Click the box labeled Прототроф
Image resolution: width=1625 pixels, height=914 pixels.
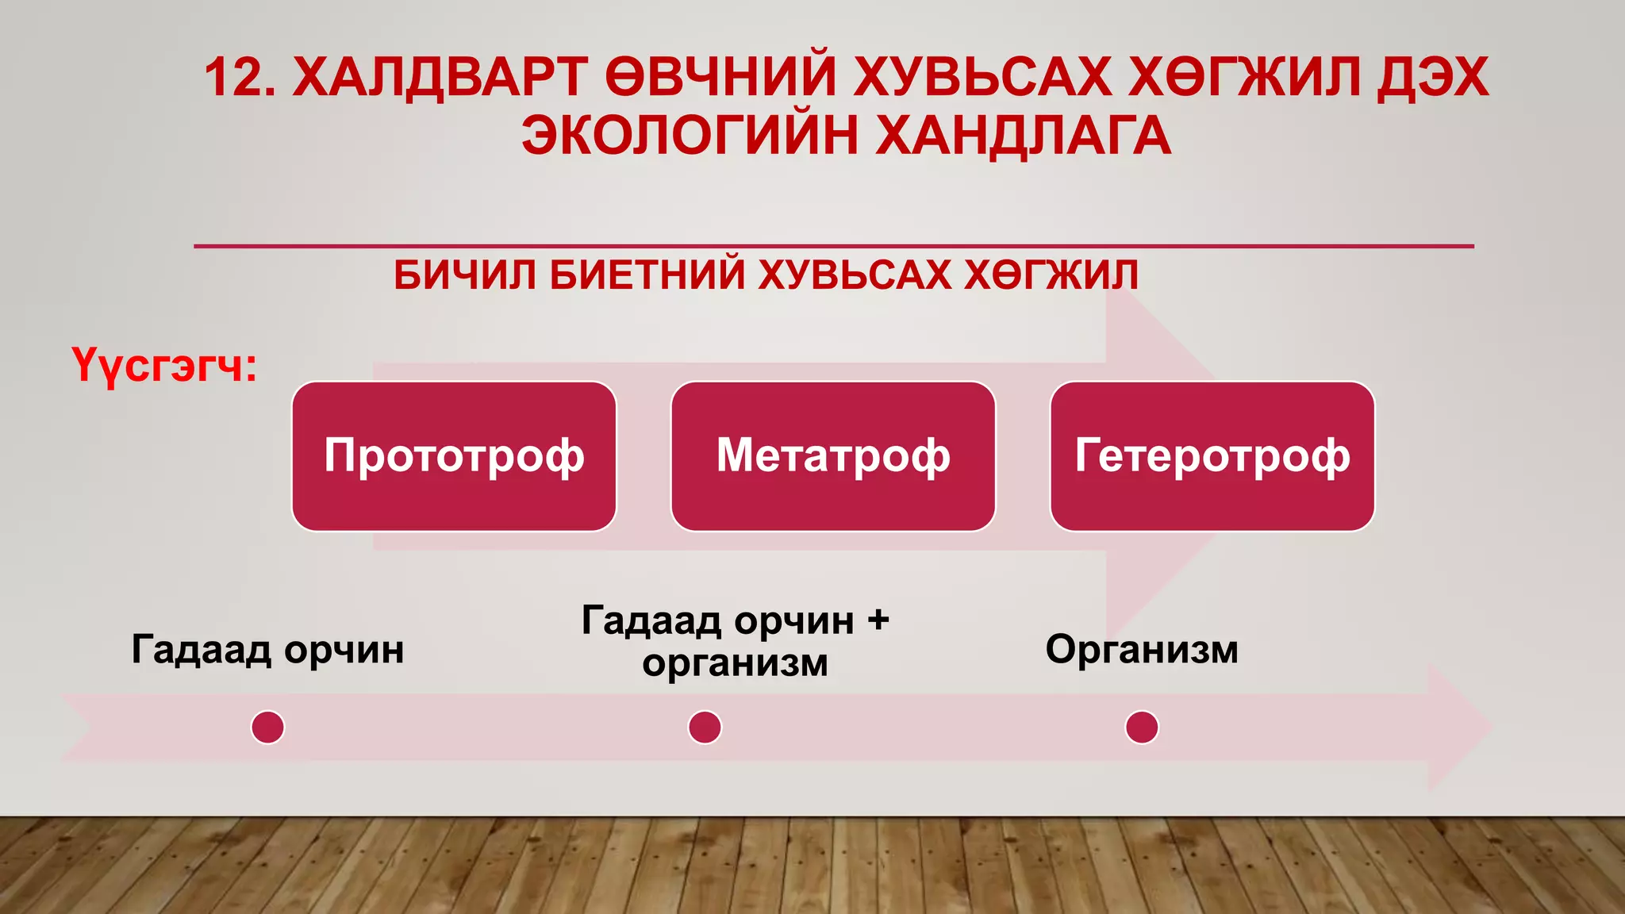[x=454, y=456]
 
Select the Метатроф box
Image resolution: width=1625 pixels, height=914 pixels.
[x=833, y=456]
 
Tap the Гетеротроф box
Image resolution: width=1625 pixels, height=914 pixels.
[x=1212, y=456]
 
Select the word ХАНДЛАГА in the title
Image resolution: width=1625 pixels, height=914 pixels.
[x=1024, y=135]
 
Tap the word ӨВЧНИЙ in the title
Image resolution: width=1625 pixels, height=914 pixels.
[x=720, y=78]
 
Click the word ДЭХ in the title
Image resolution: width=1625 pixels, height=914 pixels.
[x=1433, y=78]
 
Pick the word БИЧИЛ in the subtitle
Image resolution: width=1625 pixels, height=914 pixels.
[x=463, y=275]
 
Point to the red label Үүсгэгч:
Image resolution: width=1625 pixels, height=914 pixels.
[x=164, y=367]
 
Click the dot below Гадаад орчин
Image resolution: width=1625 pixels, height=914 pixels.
[x=267, y=727]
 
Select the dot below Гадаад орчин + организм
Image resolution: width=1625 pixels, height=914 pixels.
[x=705, y=727]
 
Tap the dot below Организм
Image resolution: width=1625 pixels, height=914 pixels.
[x=1142, y=727]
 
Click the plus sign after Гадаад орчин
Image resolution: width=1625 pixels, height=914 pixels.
[x=878, y=620]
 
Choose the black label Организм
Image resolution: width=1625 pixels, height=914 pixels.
[x=1142, y=649]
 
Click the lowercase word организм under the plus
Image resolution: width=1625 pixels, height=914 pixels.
[x=735, y=662]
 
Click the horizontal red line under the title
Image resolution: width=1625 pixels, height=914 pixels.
[x=833, y=247]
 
